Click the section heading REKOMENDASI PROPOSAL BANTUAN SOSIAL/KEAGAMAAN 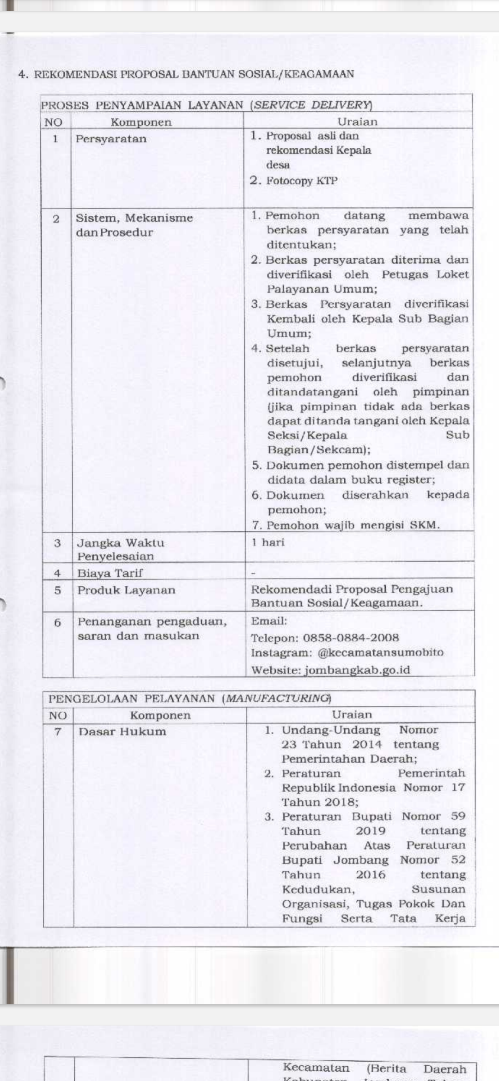click(194, 74)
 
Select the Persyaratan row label click(111, 139)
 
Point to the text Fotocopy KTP click(302, 181)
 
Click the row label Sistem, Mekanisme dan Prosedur click(134, 225)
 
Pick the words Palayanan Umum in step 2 click(322, 289)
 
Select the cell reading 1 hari click(268, 542)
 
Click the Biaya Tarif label click(110, 573)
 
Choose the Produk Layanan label click(126, 590)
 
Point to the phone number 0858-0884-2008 click(351, 638)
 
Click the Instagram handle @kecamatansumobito click(380, 653)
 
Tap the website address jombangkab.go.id click(357, 670)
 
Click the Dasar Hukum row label click(122, 731)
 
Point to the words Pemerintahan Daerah click(349, 759)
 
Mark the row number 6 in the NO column click(57, 622)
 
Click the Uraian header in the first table click(357, 122)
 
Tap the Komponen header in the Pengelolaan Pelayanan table click(160, 716)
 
